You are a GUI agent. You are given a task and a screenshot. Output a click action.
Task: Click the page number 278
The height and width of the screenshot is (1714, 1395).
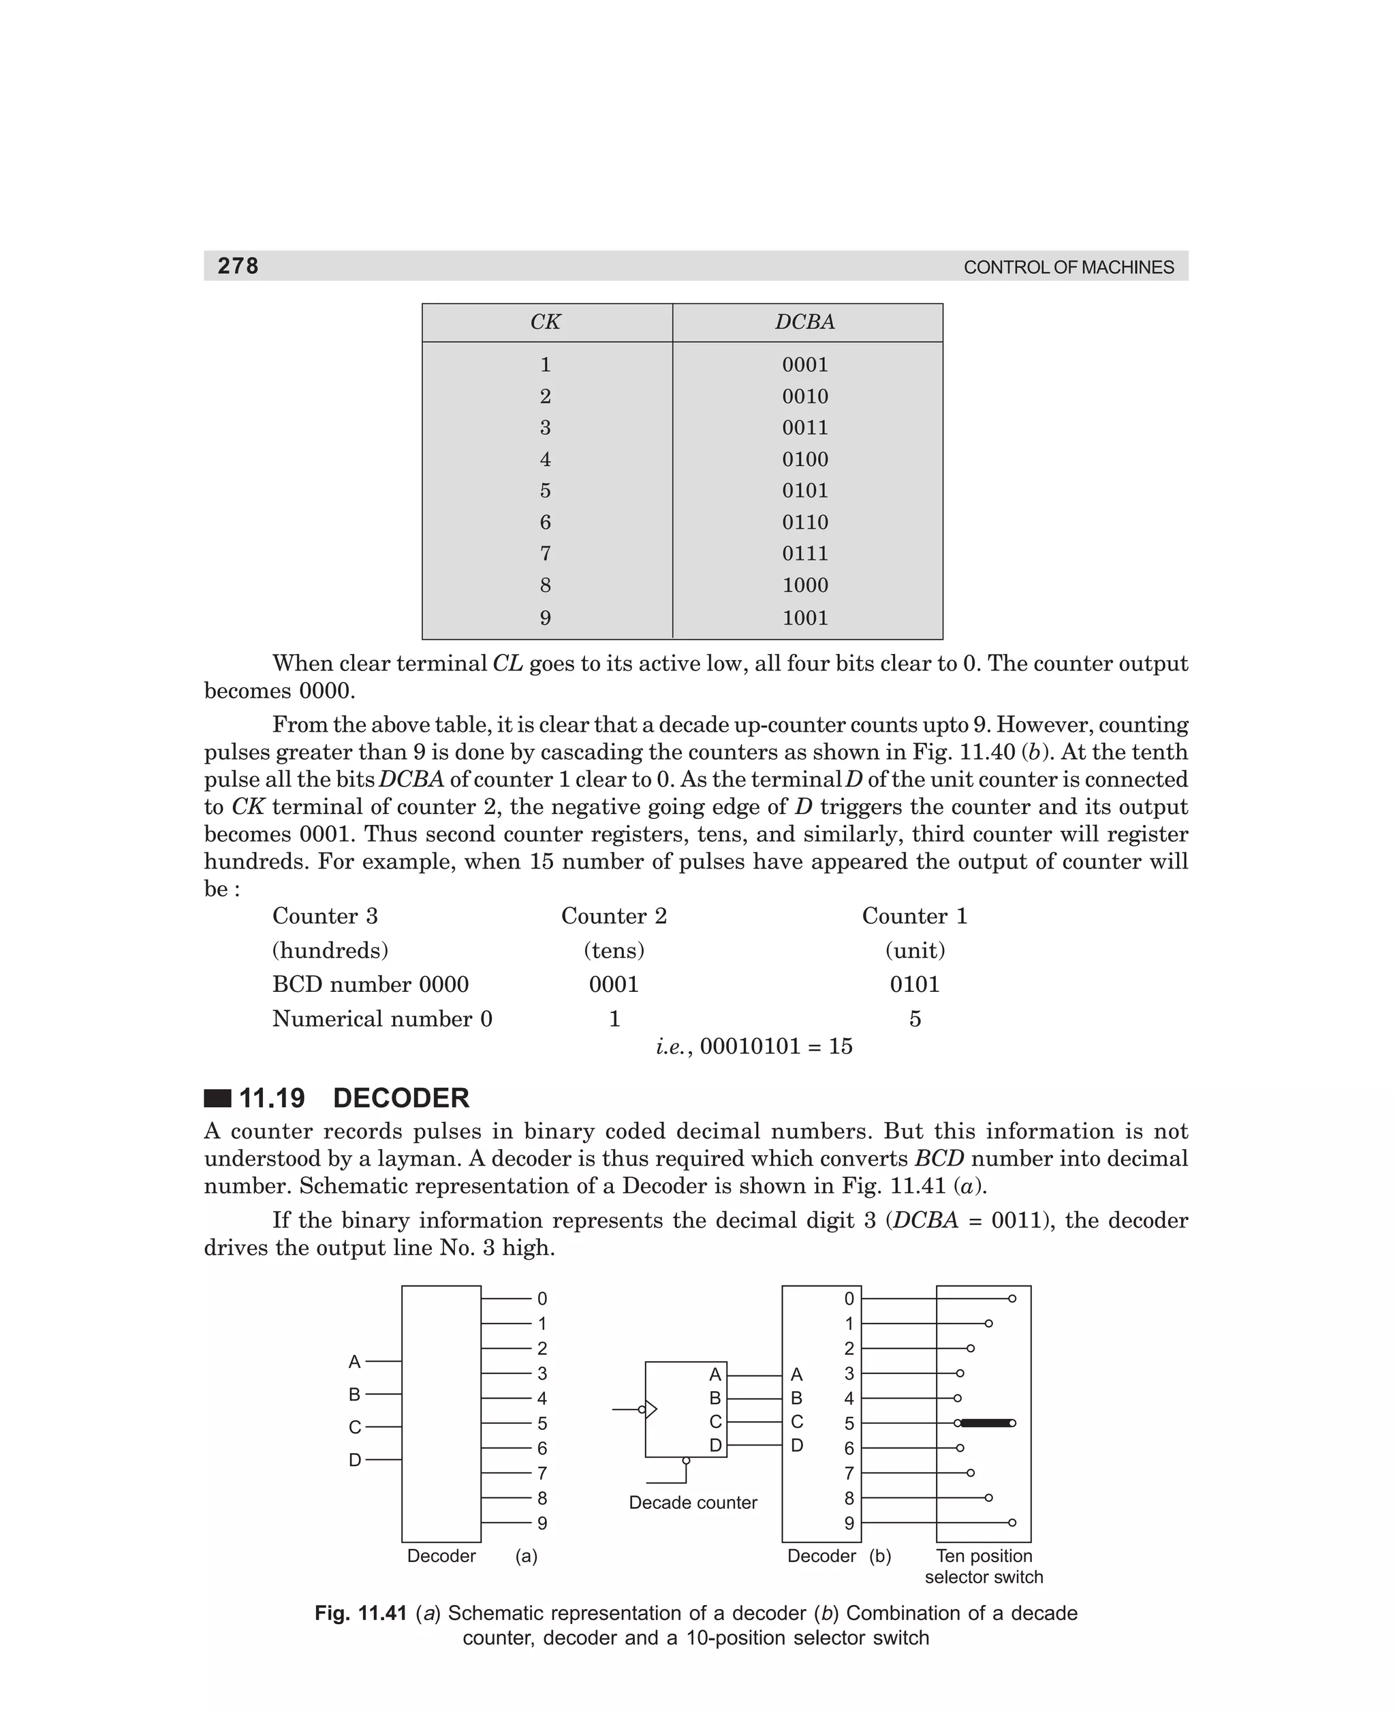(238, 266)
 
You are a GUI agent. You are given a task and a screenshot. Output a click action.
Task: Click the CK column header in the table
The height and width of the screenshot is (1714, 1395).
(545, 322)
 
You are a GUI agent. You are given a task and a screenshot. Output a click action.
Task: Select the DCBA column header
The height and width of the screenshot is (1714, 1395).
(804, 322)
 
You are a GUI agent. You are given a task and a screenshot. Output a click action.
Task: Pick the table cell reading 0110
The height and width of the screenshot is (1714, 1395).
(804, 523)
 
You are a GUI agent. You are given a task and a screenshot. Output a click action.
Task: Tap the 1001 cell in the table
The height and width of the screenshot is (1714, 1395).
(804, 618)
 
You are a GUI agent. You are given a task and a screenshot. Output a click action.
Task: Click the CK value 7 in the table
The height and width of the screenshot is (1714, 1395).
(545, 554)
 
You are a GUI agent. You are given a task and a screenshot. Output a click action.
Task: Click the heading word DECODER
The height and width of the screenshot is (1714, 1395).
(401, 1097)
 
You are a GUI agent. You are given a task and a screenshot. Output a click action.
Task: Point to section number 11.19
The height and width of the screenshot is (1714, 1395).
(272, 1097)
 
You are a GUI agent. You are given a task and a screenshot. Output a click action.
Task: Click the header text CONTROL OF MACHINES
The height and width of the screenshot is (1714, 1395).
(1068, 268)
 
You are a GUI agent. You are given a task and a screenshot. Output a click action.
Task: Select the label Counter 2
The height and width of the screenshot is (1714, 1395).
(614, 916)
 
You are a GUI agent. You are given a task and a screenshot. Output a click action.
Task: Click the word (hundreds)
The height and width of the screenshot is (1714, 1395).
(330, 950)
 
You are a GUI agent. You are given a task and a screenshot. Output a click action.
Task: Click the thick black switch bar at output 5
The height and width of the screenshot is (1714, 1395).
(987, 1423)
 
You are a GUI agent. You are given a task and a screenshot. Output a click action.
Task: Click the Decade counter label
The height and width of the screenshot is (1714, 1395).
(693, 1503)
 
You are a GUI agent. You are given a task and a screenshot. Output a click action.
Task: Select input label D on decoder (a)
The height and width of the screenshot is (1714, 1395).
(354, 1460)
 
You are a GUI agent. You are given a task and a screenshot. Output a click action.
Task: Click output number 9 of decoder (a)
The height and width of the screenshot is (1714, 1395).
(542, 1523)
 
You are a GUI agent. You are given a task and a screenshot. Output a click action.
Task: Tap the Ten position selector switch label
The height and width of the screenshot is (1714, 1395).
(984, 1566)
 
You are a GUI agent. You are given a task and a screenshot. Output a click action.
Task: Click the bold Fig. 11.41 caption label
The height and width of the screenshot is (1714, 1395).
(360, 1612)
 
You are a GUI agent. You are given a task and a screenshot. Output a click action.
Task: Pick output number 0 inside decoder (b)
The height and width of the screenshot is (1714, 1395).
(849, 1299)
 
